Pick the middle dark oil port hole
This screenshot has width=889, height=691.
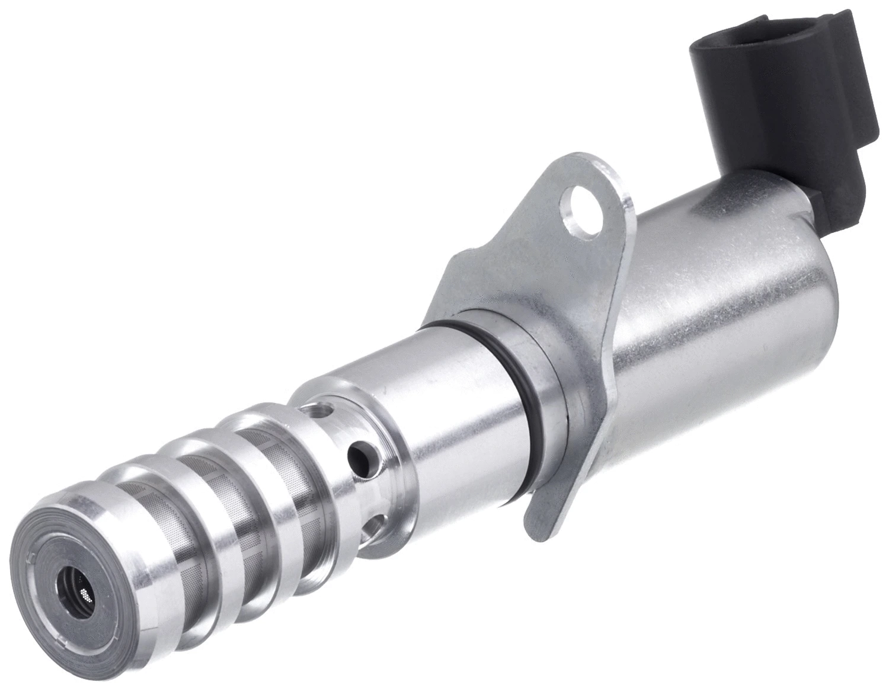[x=361, y=456]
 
